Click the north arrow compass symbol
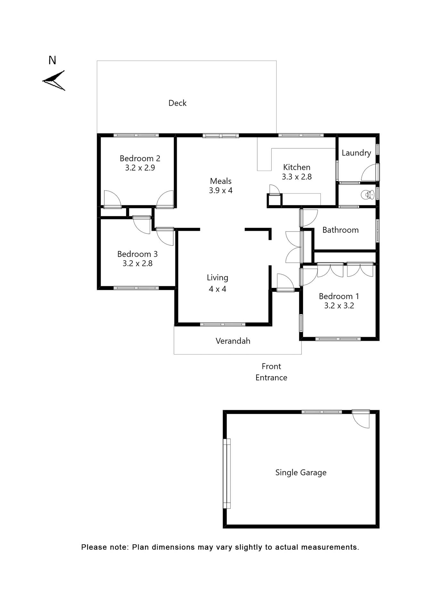tap(54, 81)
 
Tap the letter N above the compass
tap(52, 60)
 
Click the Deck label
tap(177, 103)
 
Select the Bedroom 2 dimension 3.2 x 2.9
tap(140, 168)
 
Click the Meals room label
tap(221, 181)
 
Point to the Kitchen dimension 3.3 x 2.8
tap(297, 177)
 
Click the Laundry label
tap(356, 153)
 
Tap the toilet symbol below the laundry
tap(367, 194)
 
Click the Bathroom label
tap(340, 230)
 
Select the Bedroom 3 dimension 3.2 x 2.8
tap(137, 264)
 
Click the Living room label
tap(218, 278)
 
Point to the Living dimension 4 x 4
tap(218, 289)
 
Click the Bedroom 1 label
tap(339, 296)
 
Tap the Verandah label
tap(233, 341)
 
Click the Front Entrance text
tap(271, 372)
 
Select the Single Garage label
tap(301, 472)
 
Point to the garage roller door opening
tap(227, 473)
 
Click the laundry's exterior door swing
tap(370, 173)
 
